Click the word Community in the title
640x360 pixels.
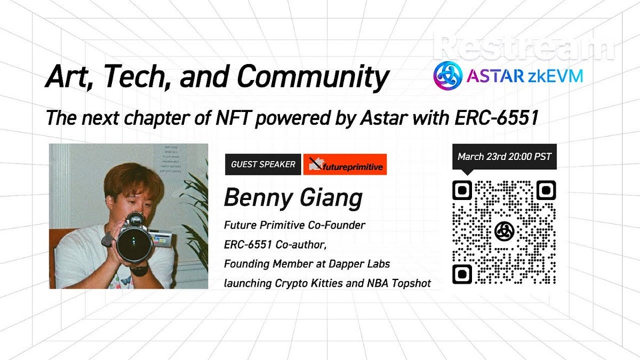(313, 77)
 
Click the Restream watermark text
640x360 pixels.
(524, 46)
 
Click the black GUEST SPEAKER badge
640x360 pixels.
(263, 164)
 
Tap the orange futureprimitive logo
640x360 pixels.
(345, 165)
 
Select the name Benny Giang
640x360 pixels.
(293, 197)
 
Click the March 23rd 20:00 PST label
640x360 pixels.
(504, 157)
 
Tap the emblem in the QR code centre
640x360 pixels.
(504, 231)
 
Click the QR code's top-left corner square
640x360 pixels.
(462, 190)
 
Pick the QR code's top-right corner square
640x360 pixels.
(546, 190)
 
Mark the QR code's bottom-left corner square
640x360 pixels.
(462, 273)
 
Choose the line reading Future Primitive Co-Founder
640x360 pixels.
(294, 225)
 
